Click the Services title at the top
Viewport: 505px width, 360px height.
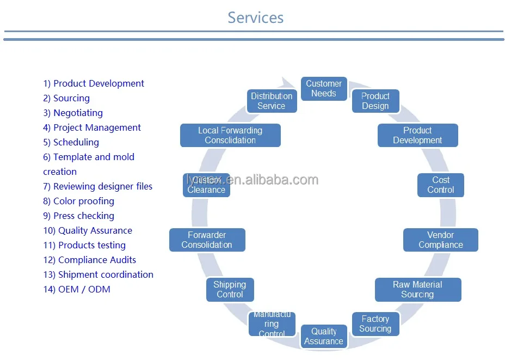tap(255, 17)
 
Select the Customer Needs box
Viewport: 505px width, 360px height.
tap(324, 89)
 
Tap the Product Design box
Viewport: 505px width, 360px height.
tap(375, 101)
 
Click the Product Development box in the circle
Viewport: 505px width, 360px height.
tap(417, 136)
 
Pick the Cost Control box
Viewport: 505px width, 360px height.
tap(441, 185)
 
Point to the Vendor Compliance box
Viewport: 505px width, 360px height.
tap(440, 240)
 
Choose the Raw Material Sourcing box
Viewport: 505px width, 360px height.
tap(417, 290)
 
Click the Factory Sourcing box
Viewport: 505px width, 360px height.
tap(375, 324)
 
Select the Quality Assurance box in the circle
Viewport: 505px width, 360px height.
tap(324, 336)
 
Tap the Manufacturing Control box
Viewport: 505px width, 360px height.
tap(272, 324)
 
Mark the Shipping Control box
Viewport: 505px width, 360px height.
tap(230, 290)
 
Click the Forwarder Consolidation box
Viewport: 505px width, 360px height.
tap(207, 240)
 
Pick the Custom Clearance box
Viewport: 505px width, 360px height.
tap(206, 185)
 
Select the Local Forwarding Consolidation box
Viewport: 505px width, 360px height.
tap(230, 136)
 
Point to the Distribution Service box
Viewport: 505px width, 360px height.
tap(272, 101)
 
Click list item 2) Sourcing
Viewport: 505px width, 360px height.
tap(66, 99)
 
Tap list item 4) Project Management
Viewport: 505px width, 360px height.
tap(92, 128)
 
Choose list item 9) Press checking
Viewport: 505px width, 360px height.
tap(79, 216)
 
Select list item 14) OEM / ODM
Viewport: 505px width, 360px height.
tap(77, 290)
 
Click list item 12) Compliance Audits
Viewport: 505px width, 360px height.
tap(90, 260)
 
